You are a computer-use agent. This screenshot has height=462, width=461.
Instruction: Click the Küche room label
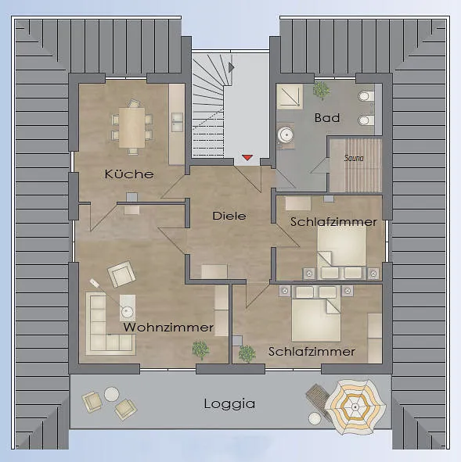point(129,174)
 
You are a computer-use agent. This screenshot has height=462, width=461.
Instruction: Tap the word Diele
point(229,216)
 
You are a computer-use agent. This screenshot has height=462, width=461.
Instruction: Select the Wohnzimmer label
point(168,328)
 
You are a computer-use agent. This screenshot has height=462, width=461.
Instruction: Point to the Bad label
point(327,118)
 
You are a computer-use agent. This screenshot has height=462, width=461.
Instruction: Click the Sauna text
point(354,158)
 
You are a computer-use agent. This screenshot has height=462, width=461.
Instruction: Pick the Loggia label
point(229,403)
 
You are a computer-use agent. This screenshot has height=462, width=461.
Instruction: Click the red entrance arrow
point(247,158)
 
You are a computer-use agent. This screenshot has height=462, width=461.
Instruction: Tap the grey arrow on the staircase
point(231,67)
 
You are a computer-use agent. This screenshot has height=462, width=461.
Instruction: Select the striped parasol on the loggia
point(355,407)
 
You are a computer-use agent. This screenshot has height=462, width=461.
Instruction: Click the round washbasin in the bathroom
point(286,135)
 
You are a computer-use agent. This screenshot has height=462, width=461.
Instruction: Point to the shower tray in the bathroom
point(290,97)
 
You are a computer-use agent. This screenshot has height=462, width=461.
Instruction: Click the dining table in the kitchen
point(131,127)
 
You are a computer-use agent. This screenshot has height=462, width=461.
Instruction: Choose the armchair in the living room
point(121,274)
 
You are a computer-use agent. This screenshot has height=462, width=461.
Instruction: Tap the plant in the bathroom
point(321,90)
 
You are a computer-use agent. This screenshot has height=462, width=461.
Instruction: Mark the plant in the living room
point(200,350)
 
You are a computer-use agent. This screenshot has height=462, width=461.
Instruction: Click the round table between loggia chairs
point(112,394)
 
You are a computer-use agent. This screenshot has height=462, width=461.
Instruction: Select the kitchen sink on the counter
point(177,122)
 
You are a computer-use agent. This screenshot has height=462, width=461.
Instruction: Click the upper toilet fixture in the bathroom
point(366,96)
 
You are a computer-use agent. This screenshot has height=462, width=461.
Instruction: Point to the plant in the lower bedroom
point(247,353)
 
